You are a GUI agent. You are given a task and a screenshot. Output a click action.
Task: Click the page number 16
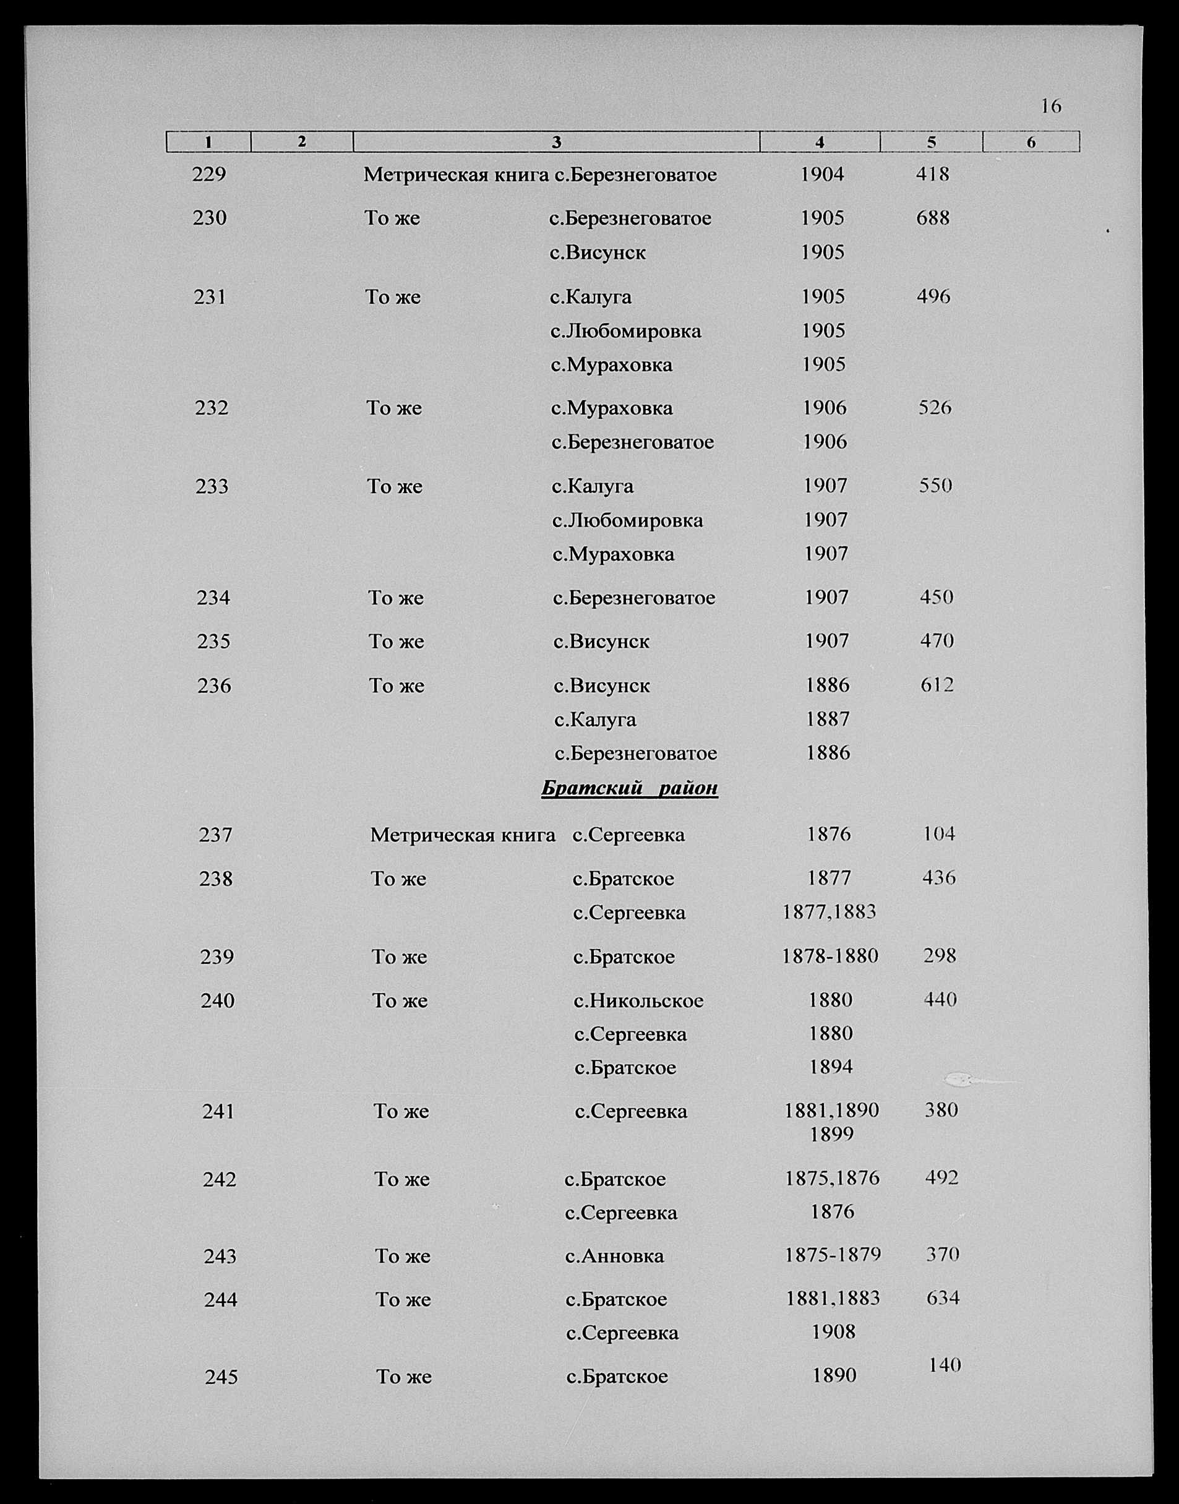(x=1050, y=106)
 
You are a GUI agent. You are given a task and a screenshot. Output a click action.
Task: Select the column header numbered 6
(x=1031, y=142)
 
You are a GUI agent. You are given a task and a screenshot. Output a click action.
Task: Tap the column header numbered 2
(x=302, y=142)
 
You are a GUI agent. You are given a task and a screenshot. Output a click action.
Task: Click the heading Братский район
(x=629, y=788)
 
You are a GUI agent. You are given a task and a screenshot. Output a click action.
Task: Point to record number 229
(x=208, y=174)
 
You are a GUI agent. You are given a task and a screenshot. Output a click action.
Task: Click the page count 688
(x=933, y=218)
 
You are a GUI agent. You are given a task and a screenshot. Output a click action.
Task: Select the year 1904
(x=821, y=174)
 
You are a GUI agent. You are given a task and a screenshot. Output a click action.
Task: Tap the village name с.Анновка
(x=614, y=1255)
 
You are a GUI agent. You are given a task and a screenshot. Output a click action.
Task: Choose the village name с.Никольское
(x=638, y=1000)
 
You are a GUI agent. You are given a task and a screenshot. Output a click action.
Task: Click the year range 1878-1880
(x=830, y=956)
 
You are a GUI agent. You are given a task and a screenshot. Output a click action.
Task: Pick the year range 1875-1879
(x=833, y=1254)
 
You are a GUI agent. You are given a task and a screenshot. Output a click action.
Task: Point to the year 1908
(x=833, y=1331)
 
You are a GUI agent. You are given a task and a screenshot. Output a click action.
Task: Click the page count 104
(x=939, y=834)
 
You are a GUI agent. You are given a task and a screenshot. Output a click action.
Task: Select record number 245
(x=221, y=1377)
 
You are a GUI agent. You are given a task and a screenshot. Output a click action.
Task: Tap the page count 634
(x=943, y=1299)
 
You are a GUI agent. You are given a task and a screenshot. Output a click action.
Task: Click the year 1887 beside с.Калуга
(x=828, y=720)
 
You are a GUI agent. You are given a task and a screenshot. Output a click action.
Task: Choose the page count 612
(x=937, y=685)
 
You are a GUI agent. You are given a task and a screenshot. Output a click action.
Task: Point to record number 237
(x=215, y=835)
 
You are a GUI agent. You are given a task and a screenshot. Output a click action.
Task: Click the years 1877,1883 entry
(x=829, y=912)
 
